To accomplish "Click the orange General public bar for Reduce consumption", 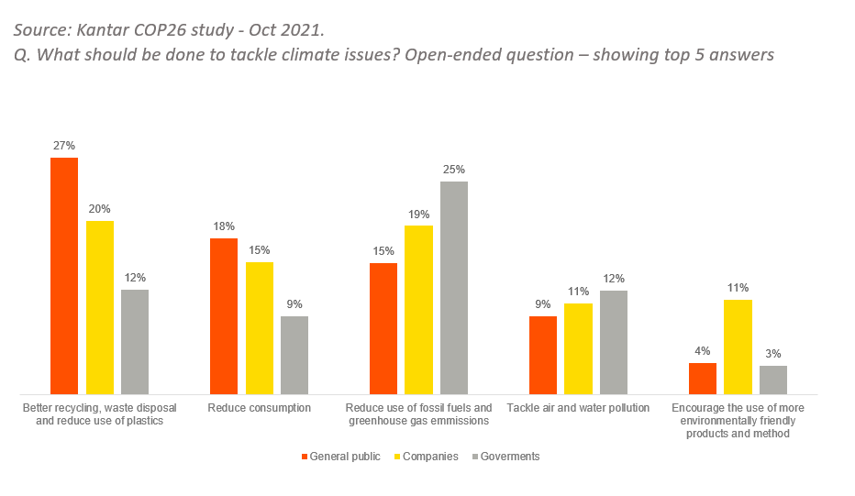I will [x=224, y=316].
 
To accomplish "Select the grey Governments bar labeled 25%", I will [x=454, y=288].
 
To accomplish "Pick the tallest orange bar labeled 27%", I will [x=64, y=275].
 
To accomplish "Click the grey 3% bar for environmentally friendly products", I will [x=773, y=380].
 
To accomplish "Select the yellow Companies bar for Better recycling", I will [x=100, y=307].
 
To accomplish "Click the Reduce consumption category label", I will [x=260, y=408].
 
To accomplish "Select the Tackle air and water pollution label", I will [x=578, y=408].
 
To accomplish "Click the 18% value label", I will [x=225, y=226].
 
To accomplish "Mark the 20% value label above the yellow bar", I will [x=100, y=209].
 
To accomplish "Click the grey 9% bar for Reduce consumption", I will [x=294, y=355].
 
